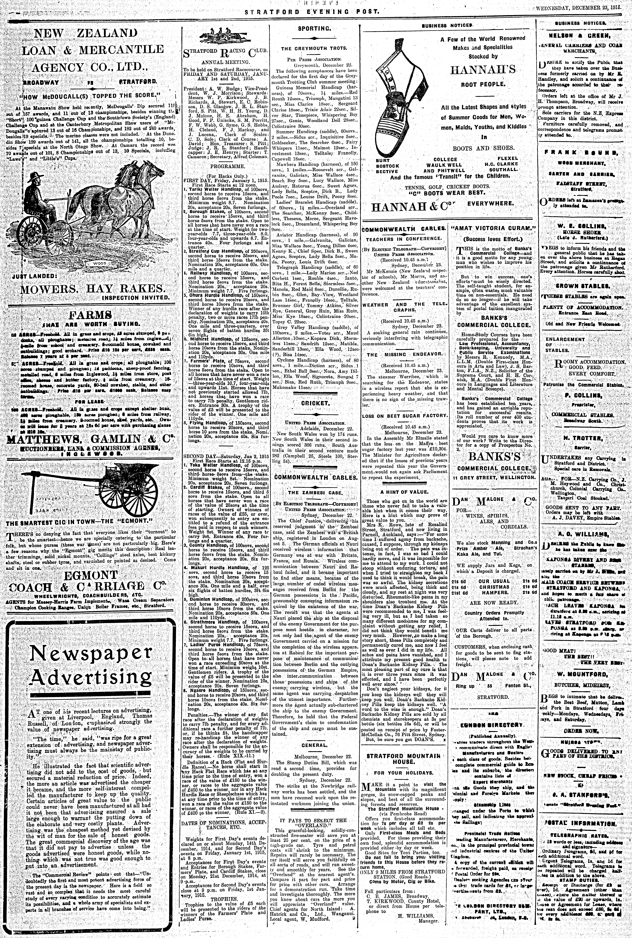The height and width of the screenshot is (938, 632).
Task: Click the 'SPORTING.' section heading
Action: [314, 29]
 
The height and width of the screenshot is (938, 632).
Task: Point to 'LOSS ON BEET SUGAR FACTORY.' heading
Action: [404, 415]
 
